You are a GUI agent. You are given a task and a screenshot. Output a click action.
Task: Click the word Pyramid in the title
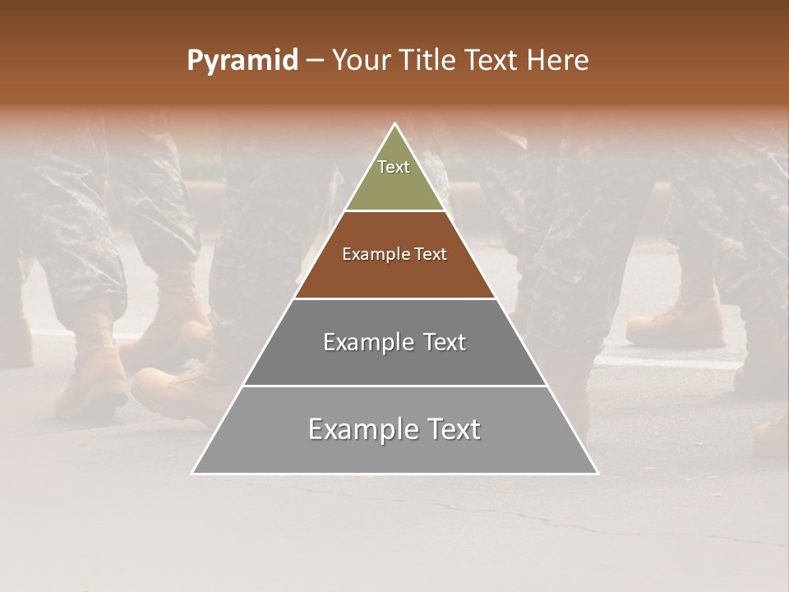[242, 61]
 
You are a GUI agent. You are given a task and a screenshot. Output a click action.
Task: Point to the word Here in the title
[558, 61]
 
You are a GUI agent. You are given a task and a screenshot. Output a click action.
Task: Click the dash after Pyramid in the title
[315, 61]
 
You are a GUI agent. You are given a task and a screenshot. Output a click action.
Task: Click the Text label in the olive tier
[394, 167]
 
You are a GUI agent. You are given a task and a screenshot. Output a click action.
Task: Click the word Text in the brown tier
[431, 254]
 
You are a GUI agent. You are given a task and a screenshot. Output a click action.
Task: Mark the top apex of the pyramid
[395, 124]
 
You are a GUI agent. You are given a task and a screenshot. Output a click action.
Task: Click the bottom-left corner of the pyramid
[193, 473]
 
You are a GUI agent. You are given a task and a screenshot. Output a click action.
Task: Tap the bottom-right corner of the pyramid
[597, 473]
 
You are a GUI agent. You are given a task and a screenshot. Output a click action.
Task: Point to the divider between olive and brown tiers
[395, 210]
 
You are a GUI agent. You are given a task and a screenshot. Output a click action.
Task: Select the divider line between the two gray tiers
[395, 386]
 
